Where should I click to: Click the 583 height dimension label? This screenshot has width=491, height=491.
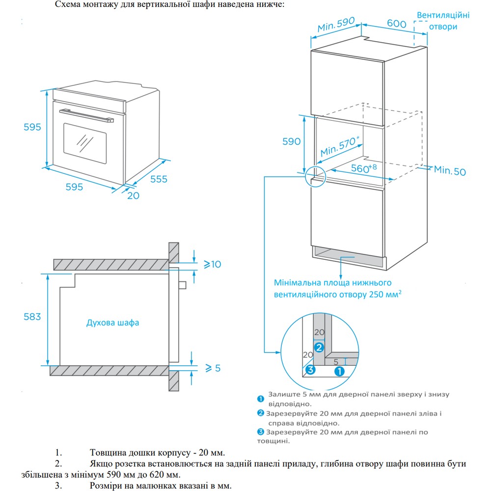coord(32,317)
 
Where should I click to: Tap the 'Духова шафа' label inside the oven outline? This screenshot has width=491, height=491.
coord(112,323)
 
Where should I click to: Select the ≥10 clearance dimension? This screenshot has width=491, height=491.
coord(212,265)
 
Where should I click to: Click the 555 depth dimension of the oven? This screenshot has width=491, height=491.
coord(159,179)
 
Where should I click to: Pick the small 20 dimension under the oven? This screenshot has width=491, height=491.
coord(133,195)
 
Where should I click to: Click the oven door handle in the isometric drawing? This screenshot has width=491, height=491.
coord(86,115)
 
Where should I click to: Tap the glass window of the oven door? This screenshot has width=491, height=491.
coord(84,142)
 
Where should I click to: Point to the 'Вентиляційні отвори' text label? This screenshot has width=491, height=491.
coord(443,21)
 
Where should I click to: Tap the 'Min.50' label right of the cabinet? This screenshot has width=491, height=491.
coord(449,171)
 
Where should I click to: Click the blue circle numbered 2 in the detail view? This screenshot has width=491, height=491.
coord(319,348)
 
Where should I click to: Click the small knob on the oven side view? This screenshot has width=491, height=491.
coord(182,285)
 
